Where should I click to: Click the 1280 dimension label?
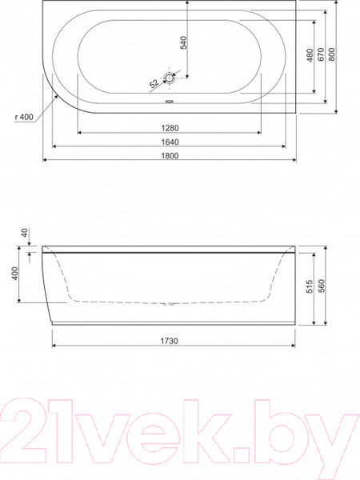point(170,128)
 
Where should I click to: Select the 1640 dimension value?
point(170,142)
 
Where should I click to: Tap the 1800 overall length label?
point(170,156)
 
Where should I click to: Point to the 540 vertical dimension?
point(183,42)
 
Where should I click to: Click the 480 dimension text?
point(310,55)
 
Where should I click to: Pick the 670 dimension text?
point(321,54)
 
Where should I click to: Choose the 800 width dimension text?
point(332,54)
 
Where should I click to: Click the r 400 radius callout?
point(24,117)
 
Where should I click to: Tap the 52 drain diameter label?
point(154,83)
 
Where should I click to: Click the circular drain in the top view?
point(169,78)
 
